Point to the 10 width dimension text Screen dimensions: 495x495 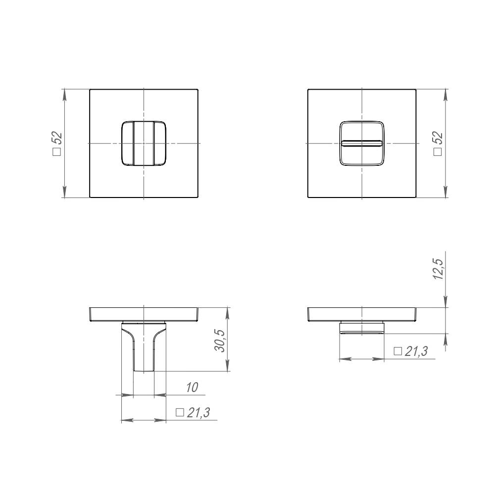point(192,388)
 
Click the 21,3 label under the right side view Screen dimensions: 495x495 point(416,351)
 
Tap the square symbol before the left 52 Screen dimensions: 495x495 point(57,152)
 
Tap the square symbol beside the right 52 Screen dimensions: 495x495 point(438,152)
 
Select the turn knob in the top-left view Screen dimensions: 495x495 point(144,143)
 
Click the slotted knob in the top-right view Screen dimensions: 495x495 point(362,143)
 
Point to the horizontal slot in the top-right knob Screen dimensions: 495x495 point(362,143)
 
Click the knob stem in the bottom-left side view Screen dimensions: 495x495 point(144,349)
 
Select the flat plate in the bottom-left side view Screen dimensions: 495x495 point(144,314)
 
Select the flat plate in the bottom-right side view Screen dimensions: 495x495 point(362,314)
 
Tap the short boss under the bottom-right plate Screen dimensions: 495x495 point(362,327)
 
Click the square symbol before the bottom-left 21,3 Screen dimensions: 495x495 point(180,413)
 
